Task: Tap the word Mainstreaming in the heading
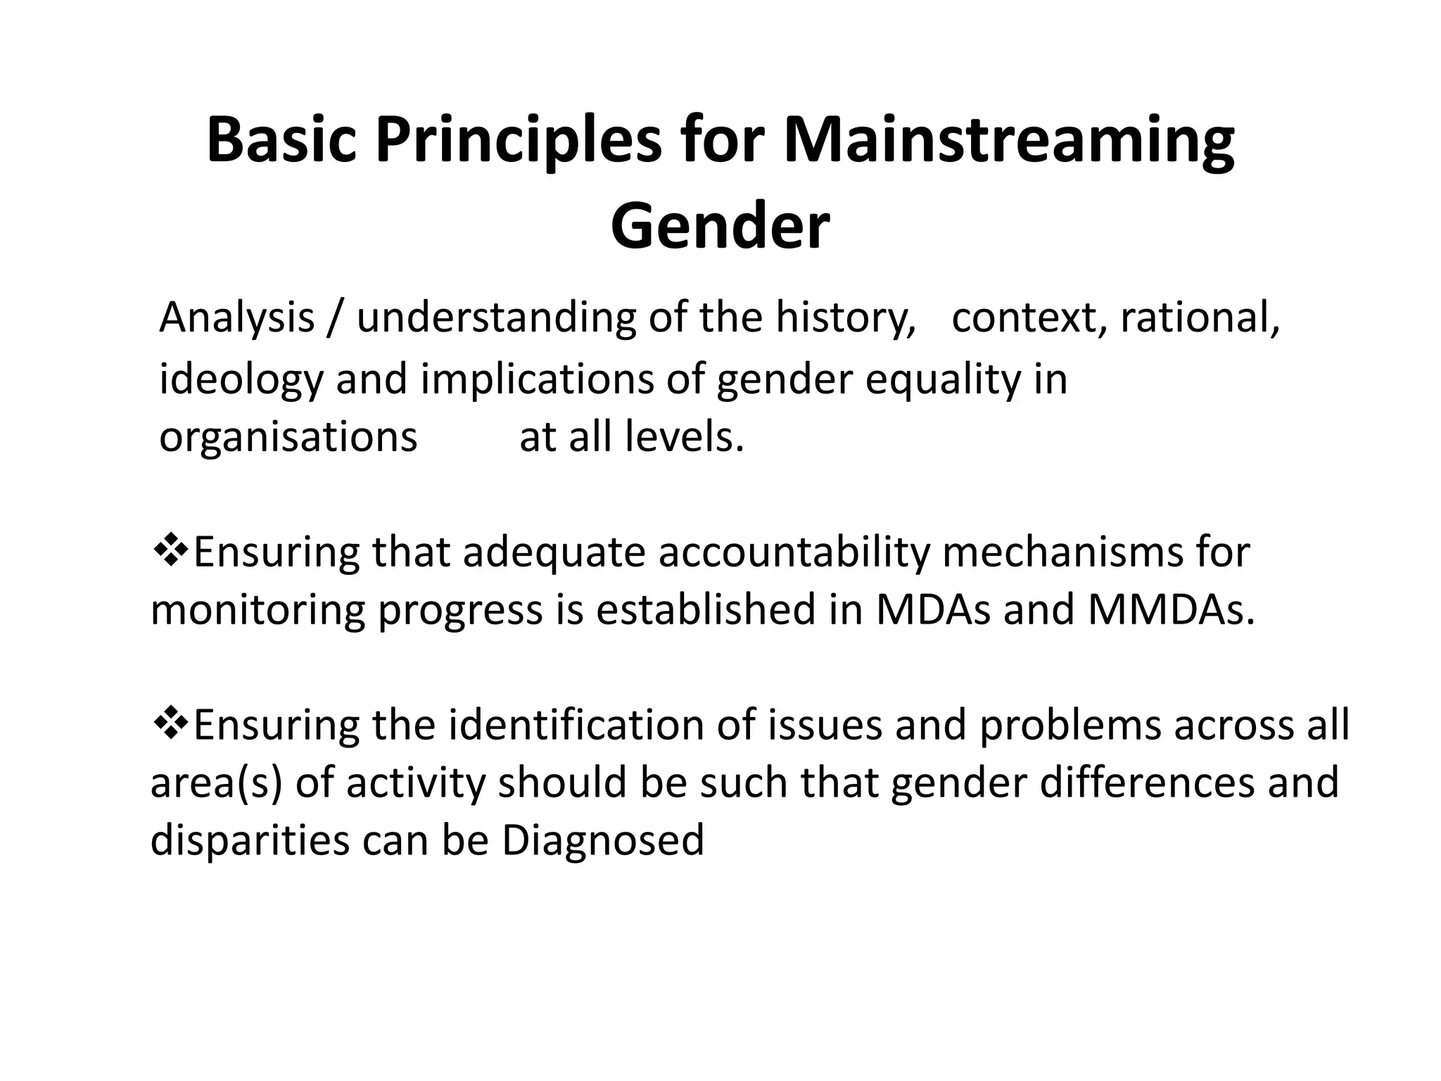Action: pyautogui.click(x=1008, y=141)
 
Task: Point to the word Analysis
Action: pyautogui.click(x=236, y=318)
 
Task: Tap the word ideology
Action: pyautogui.click(x=241, y=380)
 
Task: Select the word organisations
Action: pyautogui.click(x=288, y=438)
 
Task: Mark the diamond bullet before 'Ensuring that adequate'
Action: pyautogui.click(x=169, y=550)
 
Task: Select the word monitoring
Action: pyautogui.click(x=258, y=611)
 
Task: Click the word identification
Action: pyautogui.click(x=576, y=725)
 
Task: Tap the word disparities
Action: pyautogui.click(x=250, y=841)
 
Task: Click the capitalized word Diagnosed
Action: pyautogui.click(x=602, y=841)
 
